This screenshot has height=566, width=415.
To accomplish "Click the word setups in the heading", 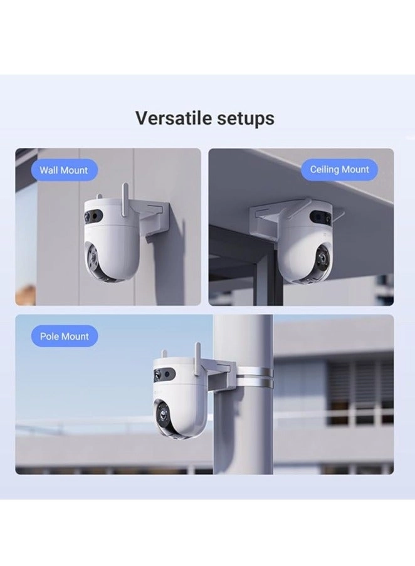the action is coord(244,118).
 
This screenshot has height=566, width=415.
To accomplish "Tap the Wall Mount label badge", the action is coord(64,170).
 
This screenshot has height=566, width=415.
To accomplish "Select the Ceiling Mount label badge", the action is coord(339,169).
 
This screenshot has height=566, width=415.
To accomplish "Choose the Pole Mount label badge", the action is coord(64,336).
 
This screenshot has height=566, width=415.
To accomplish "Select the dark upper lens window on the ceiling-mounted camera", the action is coord(321,217).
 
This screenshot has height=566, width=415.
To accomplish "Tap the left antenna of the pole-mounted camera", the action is coord(164,355).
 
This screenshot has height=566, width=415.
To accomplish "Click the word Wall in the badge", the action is coord(48,170).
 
